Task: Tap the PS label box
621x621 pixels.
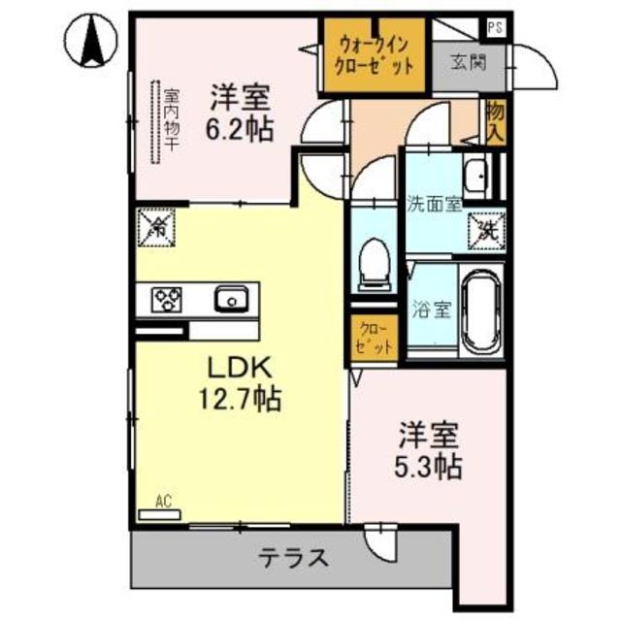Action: tap(496, 28)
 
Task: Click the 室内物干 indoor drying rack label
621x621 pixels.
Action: tap(172, 119)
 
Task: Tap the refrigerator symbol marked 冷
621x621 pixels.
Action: tap(154, 228)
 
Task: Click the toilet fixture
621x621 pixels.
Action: tap(374, 263)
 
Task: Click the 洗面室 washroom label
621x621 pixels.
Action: tap(434, 205)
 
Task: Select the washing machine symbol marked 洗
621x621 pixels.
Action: tap(486, 230)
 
